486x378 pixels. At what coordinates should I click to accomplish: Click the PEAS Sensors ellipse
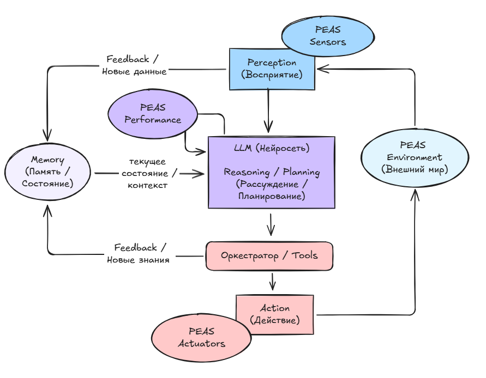[328, 35]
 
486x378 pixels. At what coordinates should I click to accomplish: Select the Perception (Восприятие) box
[272, 69]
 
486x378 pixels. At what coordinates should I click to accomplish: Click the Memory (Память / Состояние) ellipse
[47, 172]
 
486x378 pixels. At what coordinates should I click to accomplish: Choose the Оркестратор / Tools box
[269, 255]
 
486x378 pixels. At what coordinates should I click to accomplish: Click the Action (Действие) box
[275, 314]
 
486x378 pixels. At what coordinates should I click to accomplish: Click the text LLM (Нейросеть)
[272, 148]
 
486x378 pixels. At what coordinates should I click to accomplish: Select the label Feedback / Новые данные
[134, 65]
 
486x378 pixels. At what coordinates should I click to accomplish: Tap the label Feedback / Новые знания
[138, 253]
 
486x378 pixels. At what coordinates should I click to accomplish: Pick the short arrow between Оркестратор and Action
[273, 282]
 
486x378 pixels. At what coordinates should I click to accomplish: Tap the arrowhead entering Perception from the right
[321, 69]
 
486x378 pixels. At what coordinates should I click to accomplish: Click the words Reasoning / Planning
[272, 172]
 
